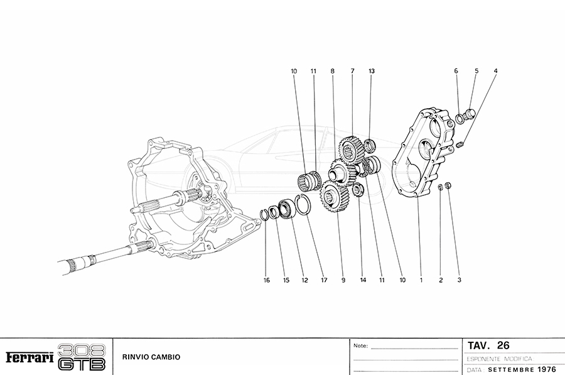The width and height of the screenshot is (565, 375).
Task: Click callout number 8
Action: (333, 72)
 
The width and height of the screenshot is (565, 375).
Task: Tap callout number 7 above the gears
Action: (352, 72)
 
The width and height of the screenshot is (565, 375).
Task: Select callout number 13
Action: (372, 72)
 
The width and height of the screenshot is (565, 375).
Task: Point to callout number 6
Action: (456, 72)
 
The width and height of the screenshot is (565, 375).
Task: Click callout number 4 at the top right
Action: (495, 72)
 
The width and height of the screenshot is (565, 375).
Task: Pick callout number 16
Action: (267, 280)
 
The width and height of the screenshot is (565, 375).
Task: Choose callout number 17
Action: (324, 280)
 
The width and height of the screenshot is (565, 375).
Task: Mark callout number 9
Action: (343, 280)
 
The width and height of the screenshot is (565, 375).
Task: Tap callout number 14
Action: (363, 280)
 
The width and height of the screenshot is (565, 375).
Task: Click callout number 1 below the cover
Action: (421, 280)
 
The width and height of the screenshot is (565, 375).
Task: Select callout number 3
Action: (460, 280)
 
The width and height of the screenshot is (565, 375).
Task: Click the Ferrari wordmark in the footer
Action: (30, 357)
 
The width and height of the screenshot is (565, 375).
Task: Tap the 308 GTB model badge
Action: (82, 357)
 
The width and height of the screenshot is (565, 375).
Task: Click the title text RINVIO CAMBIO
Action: (151, 357)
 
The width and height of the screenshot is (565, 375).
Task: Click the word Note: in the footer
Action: (360, 346)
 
